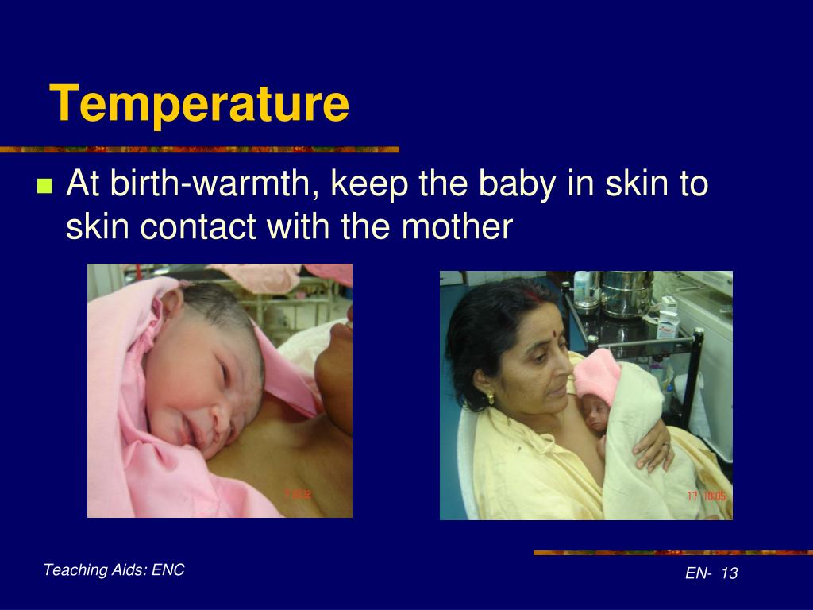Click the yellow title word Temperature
coord(199,104)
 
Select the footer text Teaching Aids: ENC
coord(114,569)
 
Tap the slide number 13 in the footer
coord(730,573)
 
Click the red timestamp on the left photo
coord(298,493)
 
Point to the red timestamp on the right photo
coord(706,496)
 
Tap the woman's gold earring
coord(491,396)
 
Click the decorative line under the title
coord(198,149)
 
